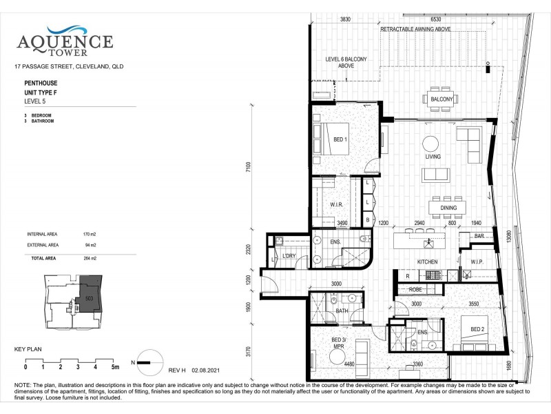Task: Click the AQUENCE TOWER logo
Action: (65, 41)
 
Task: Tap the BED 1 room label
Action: (340, 140)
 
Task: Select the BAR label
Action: (480, 237)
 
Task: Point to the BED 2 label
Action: (477, 328)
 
